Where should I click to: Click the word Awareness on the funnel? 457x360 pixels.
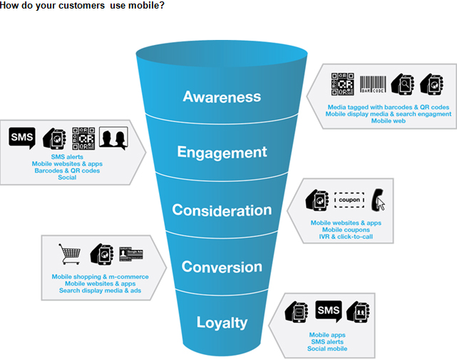tap(222, 96)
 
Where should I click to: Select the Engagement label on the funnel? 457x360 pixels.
tap(222, 152)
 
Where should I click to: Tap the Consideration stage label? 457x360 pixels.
tap(222, 210)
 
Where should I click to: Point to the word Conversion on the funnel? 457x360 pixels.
tap(222, 267)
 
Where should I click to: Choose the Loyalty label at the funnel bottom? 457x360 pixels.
tap(222, 323)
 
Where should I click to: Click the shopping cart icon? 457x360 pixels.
tap(70, 254)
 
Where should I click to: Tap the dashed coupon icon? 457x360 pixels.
tap(349, 200)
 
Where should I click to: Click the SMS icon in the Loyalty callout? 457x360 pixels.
tap(328, 312)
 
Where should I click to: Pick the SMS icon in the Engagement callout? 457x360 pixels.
tap(21, 136)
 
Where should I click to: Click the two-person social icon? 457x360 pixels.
tap(113, 138)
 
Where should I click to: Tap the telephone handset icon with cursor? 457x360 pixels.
tap(378, 200)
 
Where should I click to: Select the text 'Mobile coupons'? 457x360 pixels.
tap(346, 230)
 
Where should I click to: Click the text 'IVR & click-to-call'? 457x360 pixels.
tap(346, 237)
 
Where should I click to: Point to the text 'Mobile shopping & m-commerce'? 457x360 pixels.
tap(100, 277)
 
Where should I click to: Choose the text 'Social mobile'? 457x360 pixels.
tap(327, 349)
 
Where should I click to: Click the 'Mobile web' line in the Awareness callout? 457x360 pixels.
tap(388, 120)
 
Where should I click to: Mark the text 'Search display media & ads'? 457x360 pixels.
tap(100, 290)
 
